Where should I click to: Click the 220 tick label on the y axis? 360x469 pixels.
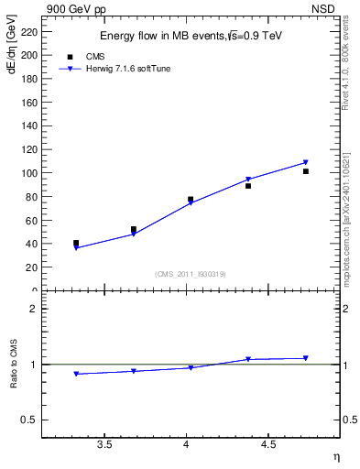click(x=27, y=31)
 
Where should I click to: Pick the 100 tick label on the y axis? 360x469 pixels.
click(x=27, y=173)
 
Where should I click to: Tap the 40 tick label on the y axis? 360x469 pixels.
click(x=30, y=244)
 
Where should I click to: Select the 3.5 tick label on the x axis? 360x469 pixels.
click(x=104, y=444)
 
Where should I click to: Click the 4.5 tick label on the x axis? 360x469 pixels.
click(x=267, y=444)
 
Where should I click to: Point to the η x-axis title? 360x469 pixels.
click(x=335, y=456)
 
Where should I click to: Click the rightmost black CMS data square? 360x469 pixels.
click(x=306, y=171)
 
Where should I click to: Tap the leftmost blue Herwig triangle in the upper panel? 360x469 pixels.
click(x=76, y=247)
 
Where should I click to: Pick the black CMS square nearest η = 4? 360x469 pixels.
click(x=191, y=199)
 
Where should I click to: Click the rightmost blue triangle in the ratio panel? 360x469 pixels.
click(x=306, y=358)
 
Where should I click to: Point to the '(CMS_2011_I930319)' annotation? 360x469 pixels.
click(x=190, y=274)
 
